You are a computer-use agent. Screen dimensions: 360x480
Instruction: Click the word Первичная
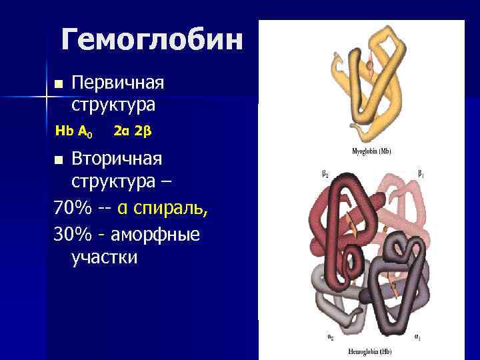(x=117, y=84)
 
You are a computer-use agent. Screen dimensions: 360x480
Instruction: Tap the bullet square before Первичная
(x=59, y=85)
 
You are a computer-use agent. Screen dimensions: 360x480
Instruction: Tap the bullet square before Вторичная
(x=59, y=161)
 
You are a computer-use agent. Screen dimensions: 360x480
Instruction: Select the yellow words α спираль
(x=163, y=209)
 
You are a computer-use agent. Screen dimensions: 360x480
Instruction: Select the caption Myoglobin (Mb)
(x=371, y=151)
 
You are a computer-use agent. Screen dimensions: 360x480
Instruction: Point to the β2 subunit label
(x=325, y=174)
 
